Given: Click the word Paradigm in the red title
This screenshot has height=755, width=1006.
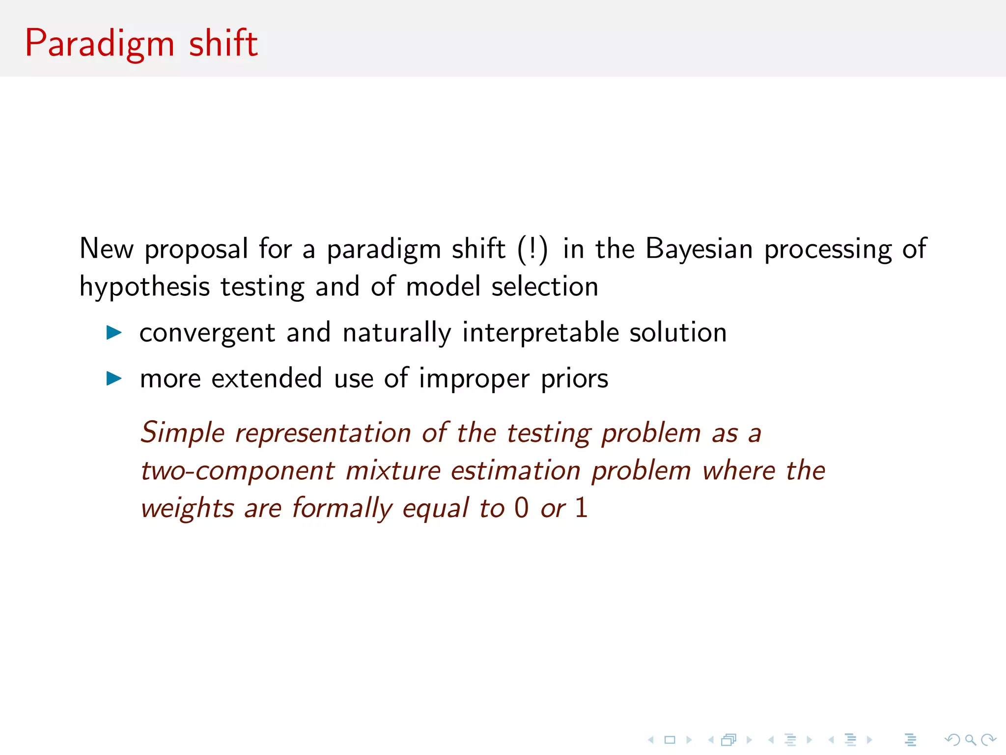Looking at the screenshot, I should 100,44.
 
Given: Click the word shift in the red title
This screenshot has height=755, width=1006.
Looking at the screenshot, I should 224,43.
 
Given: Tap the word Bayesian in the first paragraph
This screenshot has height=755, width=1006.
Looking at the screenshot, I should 699,249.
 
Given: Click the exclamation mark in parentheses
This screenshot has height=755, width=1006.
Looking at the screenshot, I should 532,249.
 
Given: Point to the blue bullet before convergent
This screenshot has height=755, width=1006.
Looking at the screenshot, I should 114,333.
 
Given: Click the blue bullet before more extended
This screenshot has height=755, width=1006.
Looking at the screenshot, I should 114,378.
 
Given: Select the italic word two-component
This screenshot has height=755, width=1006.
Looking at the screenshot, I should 238,471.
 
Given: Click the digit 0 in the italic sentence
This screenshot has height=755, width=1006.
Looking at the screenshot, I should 522,508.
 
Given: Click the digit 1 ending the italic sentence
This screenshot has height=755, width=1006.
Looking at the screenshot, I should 581,508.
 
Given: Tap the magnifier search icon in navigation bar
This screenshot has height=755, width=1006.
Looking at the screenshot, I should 970,740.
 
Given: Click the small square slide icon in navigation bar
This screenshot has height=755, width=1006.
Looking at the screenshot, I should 670,740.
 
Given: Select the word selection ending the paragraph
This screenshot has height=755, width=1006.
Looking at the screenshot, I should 545,287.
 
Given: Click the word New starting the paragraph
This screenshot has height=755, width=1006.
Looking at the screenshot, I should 106,249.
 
